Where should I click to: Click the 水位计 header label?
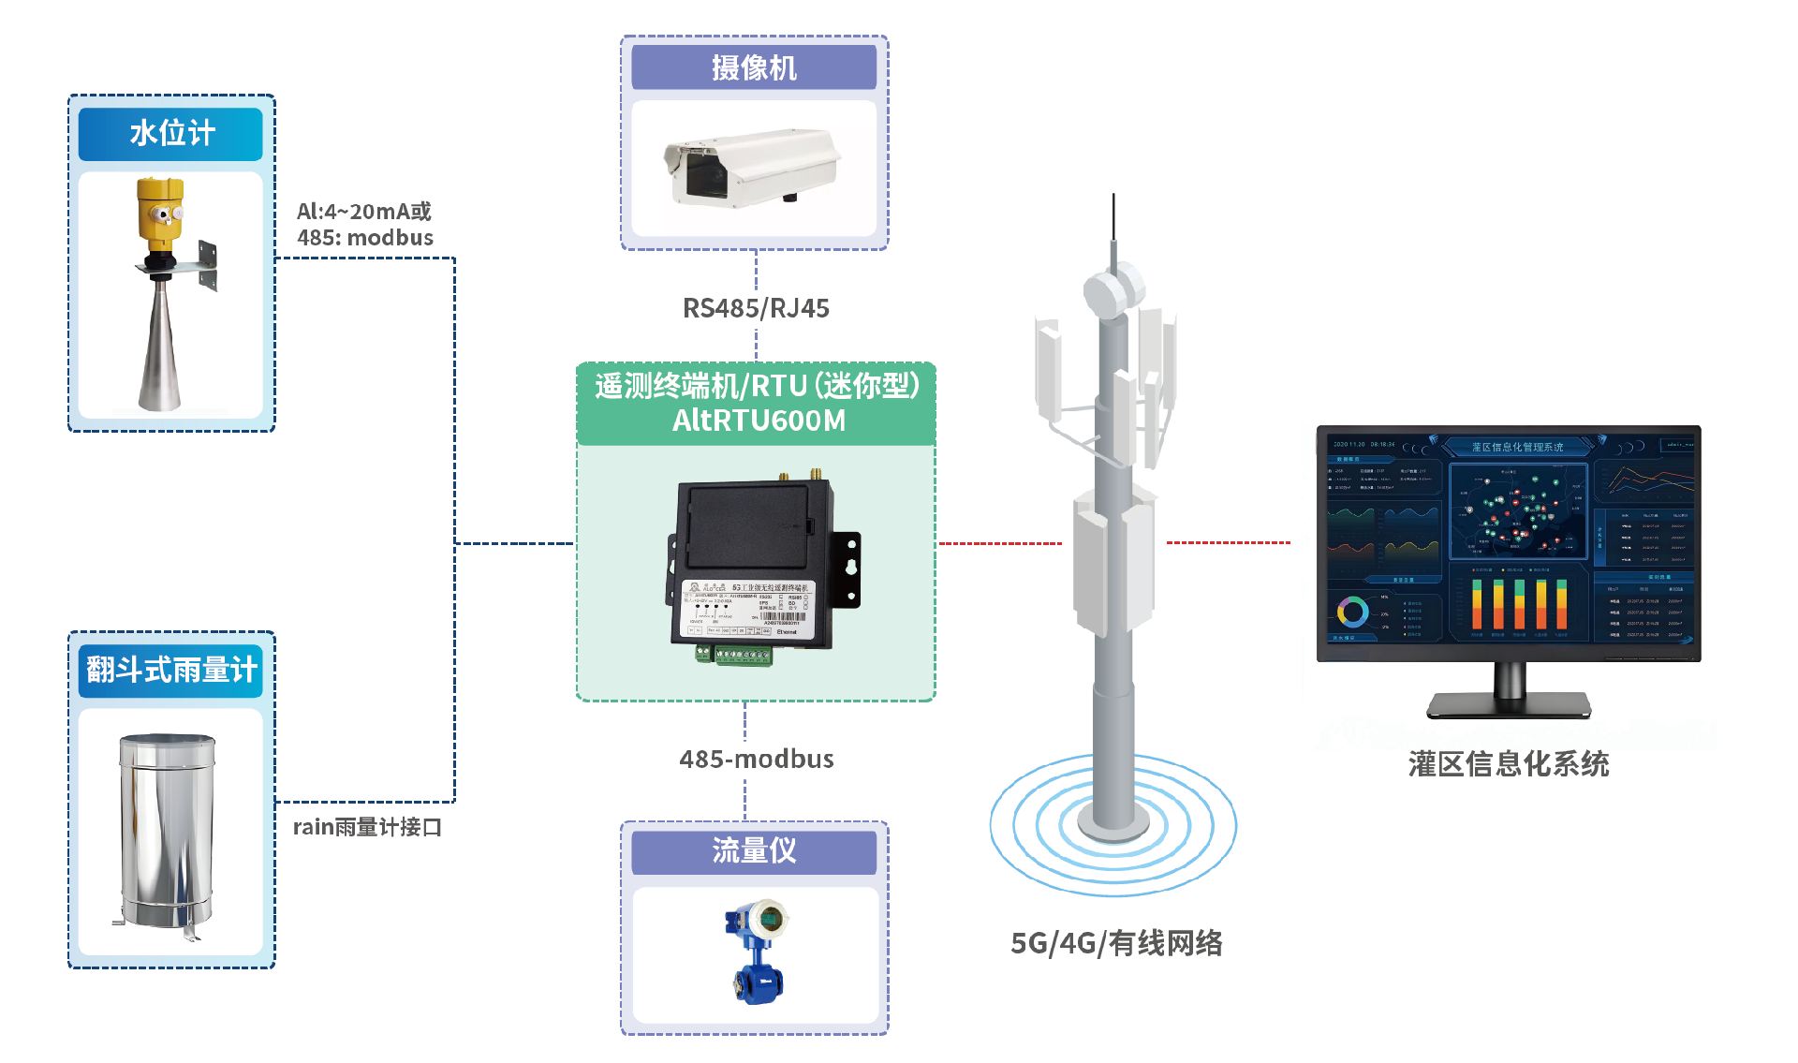click(x=171, y=134)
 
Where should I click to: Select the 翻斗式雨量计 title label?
click(x=171, y=670)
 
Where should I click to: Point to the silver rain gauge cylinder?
click(x=167, y=830)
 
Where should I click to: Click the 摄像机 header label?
click(x=754, y=67)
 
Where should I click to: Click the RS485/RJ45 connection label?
click(x=756, y=308)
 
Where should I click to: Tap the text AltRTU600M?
click(x=759, y=421)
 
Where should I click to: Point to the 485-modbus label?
click(x=757, y=759)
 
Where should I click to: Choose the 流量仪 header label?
click(x=754, y=850)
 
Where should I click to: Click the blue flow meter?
click(x=757, y=952)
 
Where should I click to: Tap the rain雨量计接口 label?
click(x=367, y=827)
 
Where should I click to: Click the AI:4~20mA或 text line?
click(x=364, y=212)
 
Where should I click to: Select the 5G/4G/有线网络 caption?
click(x=1116, y=943)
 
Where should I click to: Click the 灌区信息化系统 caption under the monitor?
click(x=1509, y=764)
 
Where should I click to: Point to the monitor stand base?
click(x=1508, y=704)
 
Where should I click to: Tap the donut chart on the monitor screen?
click(x=1352, y=613)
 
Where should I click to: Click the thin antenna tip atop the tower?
click(x=1113, y=211)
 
